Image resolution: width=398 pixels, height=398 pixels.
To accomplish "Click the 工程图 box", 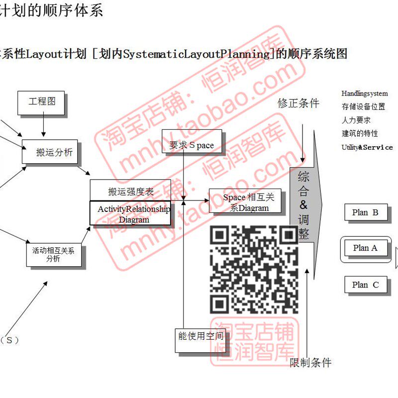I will (x=42, y=101).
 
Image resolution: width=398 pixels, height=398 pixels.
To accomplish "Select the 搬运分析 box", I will (x=50, y=152).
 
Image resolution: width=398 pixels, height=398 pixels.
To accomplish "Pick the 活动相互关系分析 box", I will (x=53, y=254).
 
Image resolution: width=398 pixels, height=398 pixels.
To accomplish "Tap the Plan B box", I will (x=365, y=212).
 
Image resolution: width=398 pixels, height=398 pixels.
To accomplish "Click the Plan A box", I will (x=365, y=248).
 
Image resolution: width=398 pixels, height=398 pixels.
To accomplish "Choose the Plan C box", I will (x=365, y=285).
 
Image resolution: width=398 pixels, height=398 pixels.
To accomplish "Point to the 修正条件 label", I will (x=298, y=103).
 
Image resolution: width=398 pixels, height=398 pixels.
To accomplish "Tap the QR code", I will (x=254, y=269).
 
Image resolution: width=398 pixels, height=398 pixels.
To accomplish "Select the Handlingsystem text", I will (x=364, y=94).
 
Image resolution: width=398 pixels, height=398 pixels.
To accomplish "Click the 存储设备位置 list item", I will (x=363, y=106).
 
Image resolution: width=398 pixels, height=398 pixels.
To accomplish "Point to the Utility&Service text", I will (x=367, y=147).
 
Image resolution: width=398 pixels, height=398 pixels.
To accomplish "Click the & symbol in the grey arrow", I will (x=303, y=205).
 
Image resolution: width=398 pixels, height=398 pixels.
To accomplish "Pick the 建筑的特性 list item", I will (x=360, y=133).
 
